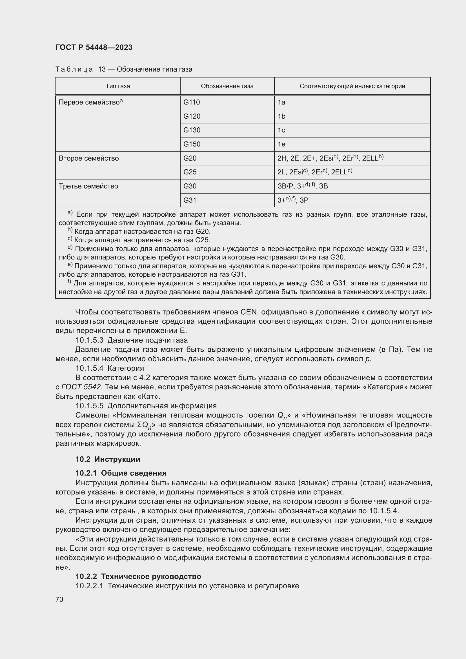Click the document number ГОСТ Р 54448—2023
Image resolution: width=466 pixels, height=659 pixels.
click(x=94, y=47)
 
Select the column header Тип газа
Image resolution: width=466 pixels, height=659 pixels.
click(x=118, y=86)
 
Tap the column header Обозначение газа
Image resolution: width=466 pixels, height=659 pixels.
click(x=227, y=86)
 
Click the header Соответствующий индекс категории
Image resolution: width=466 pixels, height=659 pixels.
click(x=352, y=86)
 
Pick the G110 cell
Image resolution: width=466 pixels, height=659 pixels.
click(x=191, y=102)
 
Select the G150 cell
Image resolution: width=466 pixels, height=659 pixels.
click(x=192, y=144)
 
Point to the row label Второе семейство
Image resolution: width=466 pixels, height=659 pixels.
click(x=89, y=158)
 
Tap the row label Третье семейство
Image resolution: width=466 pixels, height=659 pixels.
click(x=88, y=186)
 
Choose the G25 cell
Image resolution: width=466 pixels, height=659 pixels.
click(x=190, y=172)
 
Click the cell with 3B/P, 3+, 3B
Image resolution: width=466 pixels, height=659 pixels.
click(x=302, y=186)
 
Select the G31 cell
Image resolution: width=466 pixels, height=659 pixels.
click(x=190, y=200)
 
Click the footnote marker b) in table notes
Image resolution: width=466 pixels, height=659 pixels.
click(x=70, y=230)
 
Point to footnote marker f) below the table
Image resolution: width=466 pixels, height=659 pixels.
click(x=69, y=282)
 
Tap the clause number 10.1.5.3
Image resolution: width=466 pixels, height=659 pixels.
click(x=89, y=340)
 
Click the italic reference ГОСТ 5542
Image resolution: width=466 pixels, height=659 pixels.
click(x=81, y=387)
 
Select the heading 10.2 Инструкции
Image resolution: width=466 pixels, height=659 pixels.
click(x=108, y=459)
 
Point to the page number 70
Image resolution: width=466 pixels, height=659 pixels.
click(x=59, y=599)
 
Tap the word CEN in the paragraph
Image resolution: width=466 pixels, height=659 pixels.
click(x=248, y=312)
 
